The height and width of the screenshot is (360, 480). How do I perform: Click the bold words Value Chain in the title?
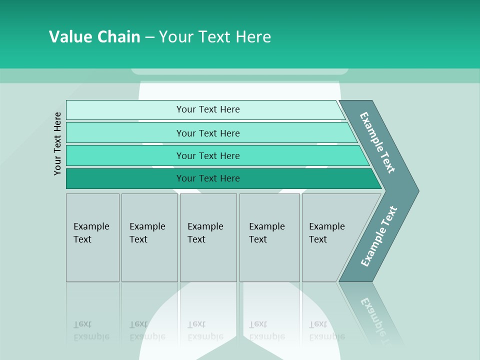pos(94,37)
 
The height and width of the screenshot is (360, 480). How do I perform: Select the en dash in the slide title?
pos(149,37)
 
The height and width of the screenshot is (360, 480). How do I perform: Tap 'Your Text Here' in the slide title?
pos(215,37)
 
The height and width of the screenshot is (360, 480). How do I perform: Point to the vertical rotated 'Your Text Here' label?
pos(57,143)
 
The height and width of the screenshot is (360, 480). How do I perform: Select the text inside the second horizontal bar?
pos(208,133)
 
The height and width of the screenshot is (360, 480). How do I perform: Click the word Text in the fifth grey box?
pos(318,239)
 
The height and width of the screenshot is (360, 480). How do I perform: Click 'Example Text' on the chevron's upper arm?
pos(377,142)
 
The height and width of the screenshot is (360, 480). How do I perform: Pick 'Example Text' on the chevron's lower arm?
pos(378,236)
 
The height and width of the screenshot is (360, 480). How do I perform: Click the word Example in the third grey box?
pos(205,226)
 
